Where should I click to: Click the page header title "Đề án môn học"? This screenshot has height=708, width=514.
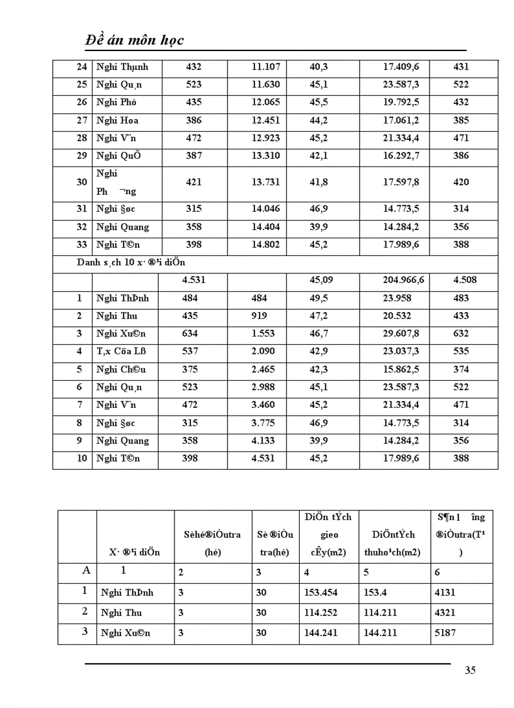pyautogui.click(x=134, y=40)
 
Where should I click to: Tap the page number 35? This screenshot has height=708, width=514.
pyautogui.click(x=470, y=670)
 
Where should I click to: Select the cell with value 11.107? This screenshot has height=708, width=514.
pyautogui.click(x=266, y=67)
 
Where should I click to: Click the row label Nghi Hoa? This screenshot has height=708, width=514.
pyautogui.click(x=117, y=120)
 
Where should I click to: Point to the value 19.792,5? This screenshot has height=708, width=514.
pyautogui.click(x=401, y=102)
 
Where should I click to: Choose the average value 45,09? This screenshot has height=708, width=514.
pyautogui.click(x=321, y=281)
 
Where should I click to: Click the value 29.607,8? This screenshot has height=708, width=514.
pyautogui.click(x=401, y=334)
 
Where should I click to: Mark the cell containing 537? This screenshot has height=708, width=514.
pyautogui.click(x=190, y=351)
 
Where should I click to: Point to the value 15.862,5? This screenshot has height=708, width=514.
pyautogui.click(x=401, y=369)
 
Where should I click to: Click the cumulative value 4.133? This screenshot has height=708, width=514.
pyautogui.click(x=263, y=441)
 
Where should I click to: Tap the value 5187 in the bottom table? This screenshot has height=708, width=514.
pyautogui.click(x=445, y=633)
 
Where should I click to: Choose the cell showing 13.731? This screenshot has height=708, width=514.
pyautogui.click(x=266, y=182)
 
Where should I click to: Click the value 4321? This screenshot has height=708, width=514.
pyautogui.click(x=445, y=613)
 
